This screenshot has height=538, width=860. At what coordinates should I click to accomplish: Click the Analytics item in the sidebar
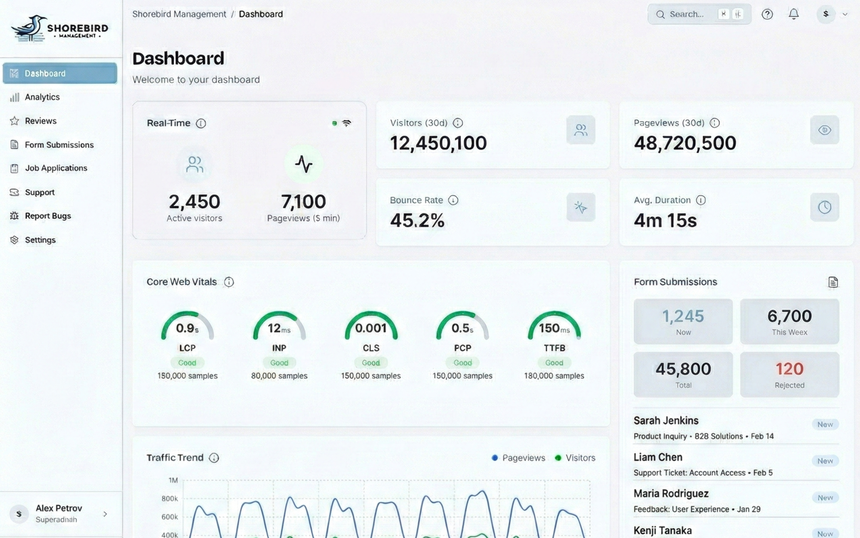[x=42, y=97]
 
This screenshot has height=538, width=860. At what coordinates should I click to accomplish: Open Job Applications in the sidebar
[x=56, y=168]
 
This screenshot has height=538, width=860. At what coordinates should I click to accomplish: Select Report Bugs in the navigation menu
[x=48, y=216]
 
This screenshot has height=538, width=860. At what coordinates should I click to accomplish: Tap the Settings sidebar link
[x=40, y=240]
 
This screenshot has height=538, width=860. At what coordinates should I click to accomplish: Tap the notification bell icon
[x=794, y=14]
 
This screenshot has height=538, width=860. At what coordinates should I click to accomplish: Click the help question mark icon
[x=767, y=14]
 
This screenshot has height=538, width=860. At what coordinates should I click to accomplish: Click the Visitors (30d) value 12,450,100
[x=438, y=143]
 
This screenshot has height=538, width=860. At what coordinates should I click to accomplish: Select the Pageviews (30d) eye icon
[x=825, y=130]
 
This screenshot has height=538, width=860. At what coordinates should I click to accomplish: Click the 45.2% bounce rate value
[x=417, y=221]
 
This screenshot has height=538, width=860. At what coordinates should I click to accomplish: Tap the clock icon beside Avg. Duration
[x=825, y=207]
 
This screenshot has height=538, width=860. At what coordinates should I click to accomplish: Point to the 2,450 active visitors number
[x=194, y=201]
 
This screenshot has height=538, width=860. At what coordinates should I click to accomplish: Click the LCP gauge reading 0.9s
[x=187, y=328]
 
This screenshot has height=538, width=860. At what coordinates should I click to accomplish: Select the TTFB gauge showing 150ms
[x=554, y=328]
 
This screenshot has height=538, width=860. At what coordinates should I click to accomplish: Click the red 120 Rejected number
[x=790, y=369]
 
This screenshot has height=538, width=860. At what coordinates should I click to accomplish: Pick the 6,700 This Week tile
[x=790, y=321]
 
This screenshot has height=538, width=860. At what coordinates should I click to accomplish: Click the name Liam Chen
[x=658, y=457]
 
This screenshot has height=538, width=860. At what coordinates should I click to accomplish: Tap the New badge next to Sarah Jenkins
[x=825, y=424]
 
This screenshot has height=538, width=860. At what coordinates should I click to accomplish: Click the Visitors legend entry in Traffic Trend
[x=575, y=458]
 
